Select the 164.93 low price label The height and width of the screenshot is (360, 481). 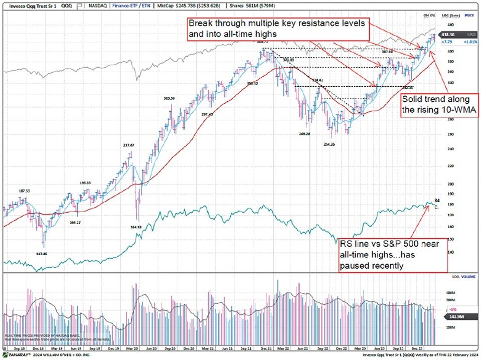click(135, 227)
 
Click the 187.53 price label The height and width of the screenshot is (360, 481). click(24, 191)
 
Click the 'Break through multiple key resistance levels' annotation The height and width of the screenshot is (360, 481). click(277, 29)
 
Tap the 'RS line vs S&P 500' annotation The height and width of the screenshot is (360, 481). click(389, 255)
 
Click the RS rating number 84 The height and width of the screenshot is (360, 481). click(437, 201)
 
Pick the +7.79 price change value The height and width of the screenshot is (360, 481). click(446, 42)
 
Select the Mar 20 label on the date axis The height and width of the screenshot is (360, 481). click(132, 347)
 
